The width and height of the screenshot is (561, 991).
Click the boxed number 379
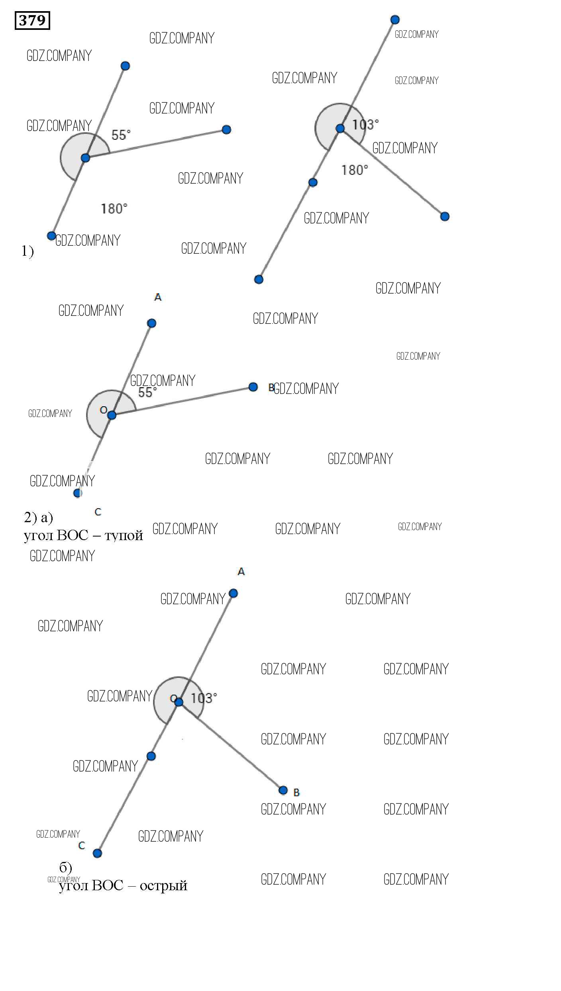tap(32, 20)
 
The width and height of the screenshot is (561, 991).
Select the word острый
tap(163, 886)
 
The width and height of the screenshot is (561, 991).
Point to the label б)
tap(66, 868)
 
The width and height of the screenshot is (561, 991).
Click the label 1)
tap(27, 251)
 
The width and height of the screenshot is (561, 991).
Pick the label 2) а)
tap(38, 517)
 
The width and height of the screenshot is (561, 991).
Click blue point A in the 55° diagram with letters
tap(151, 323)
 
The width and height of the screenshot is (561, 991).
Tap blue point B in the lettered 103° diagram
tap(283, 790)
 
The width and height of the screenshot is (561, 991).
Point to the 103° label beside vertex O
tap(204, 698)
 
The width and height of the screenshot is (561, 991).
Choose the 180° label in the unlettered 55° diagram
tap(114, 208)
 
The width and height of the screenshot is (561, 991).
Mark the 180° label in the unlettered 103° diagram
tap(355, 170)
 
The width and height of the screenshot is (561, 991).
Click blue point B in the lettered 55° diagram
tap(253, 387)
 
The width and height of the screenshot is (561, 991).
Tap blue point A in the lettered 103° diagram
tap(233, 593)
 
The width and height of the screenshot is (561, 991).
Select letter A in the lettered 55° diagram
tap(158, 297)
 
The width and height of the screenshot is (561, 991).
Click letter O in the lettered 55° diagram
tap(104, 410)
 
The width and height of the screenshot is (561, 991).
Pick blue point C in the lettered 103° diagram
tap(97, 853)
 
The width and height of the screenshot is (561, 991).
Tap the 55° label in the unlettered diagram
tap(121, 135)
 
